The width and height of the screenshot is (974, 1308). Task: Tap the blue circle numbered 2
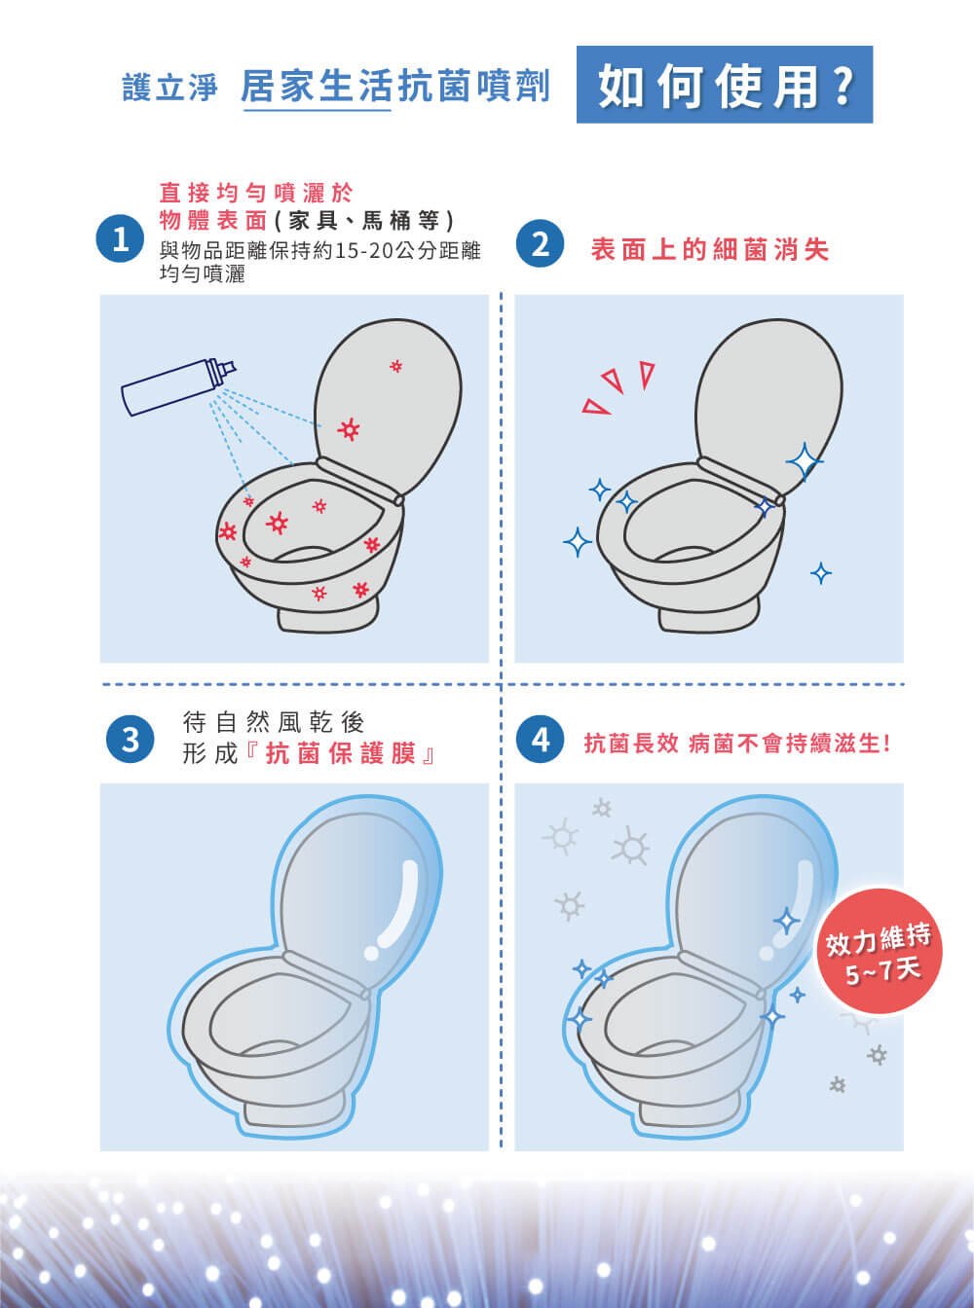click(x=541, y=243)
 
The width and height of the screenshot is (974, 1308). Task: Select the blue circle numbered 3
click(x=130, y=739)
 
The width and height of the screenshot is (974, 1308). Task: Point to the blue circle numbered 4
click(x=541, y=739)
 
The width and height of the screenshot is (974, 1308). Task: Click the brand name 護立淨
click(x=170, y=87)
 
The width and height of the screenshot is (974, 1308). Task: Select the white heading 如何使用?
click(x=726, y=86)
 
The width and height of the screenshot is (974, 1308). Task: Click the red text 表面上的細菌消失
click(x=710, y=249)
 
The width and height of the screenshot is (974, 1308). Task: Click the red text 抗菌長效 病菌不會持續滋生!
click(x=736, y=743)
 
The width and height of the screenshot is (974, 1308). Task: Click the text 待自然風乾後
click(x=274, y=721)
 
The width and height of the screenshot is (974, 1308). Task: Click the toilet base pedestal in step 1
click(x=327, y=617)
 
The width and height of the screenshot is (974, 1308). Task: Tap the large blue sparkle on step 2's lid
click(x=804, y=461)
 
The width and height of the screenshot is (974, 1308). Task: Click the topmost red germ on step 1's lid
click(x=396, y=366)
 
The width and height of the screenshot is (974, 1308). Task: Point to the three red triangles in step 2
click(x=618, y=387)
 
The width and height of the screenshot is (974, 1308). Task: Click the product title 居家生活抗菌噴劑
click(x=395, y=86)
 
